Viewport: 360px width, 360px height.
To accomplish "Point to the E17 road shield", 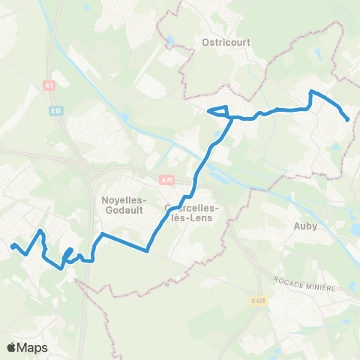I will point(55,111).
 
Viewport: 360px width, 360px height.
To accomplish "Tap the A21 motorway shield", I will point(166,180).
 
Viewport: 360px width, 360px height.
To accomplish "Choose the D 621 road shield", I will point(259,301).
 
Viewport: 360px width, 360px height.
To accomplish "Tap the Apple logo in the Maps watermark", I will point(11,347).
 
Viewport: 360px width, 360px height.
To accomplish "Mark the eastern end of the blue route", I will point(347,119).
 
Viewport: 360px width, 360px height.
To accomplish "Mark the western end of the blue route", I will point(12,245).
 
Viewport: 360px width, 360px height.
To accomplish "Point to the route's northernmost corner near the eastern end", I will point(312,91).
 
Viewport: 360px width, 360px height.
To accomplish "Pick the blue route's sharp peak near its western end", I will point(40,230).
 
